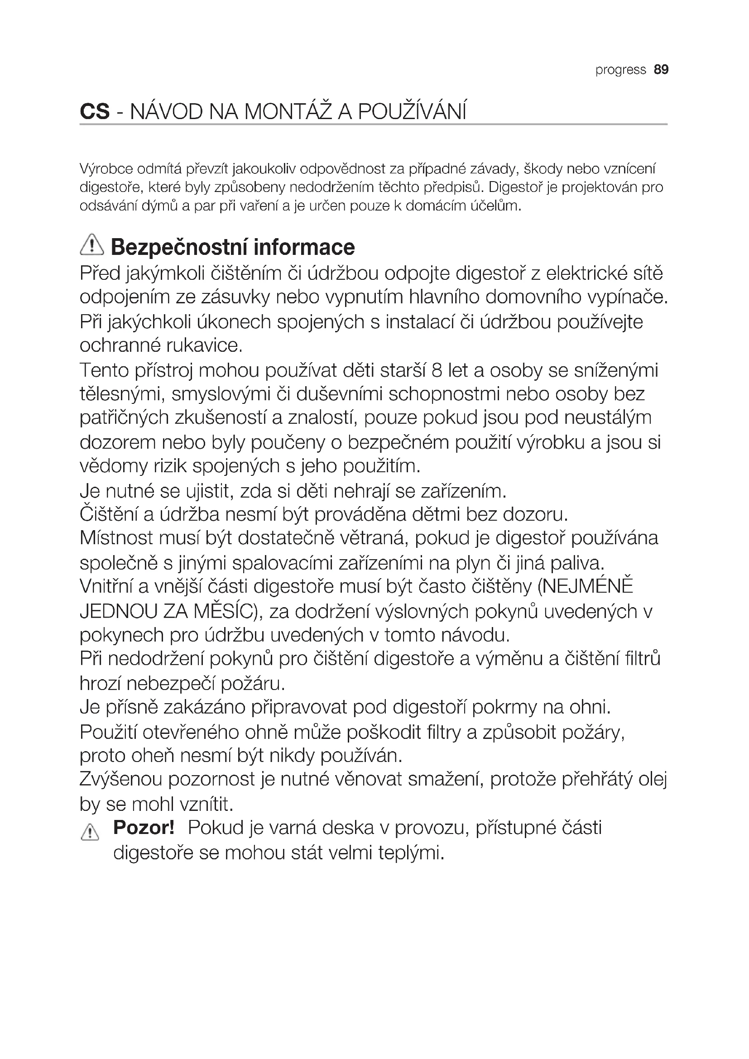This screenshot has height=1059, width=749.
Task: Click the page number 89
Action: [661, 70]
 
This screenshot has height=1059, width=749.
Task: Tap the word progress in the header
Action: [620, 70]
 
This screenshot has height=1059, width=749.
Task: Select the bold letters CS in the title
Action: [95, 112]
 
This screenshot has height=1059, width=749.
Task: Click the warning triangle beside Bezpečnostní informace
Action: [92, 245]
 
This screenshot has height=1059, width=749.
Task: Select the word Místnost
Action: [116, 538]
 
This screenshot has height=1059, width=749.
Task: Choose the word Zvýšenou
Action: [121, 780]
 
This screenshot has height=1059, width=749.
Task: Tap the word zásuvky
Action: [235, 297]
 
